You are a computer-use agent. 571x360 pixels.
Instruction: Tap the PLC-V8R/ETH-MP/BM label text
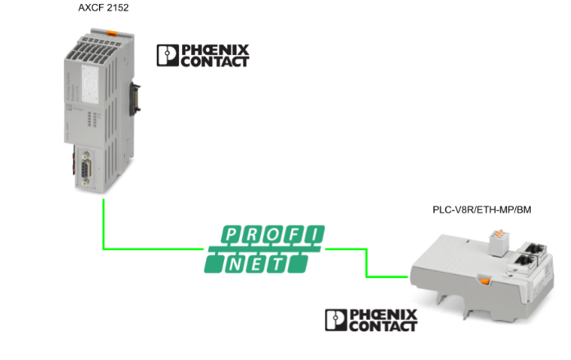tap(482, 210)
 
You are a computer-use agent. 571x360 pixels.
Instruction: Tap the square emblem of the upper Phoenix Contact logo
tap(167, 56)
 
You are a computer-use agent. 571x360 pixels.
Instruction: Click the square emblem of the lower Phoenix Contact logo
tap(336, 321)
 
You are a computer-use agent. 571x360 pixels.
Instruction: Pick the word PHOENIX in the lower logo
tap(384, 315)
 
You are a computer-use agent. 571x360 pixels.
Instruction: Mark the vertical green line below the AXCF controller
tap(103, 221)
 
